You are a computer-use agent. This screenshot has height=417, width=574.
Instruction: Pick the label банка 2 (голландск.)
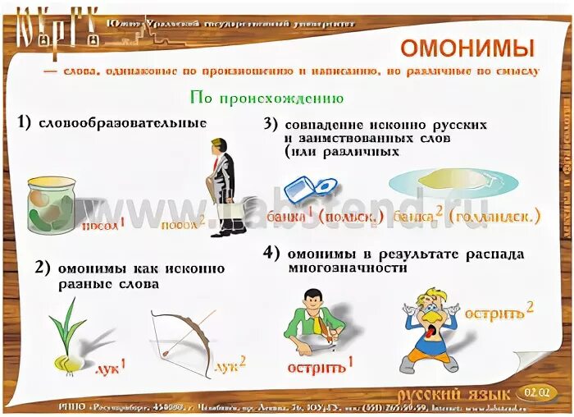pyautogui.click(x=467, y=216)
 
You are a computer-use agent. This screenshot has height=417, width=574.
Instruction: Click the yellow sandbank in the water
pyautogui.click(x=455, y=180)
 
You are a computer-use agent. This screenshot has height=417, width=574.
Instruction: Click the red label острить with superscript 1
pyautogui.click(x=320, y=366)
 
